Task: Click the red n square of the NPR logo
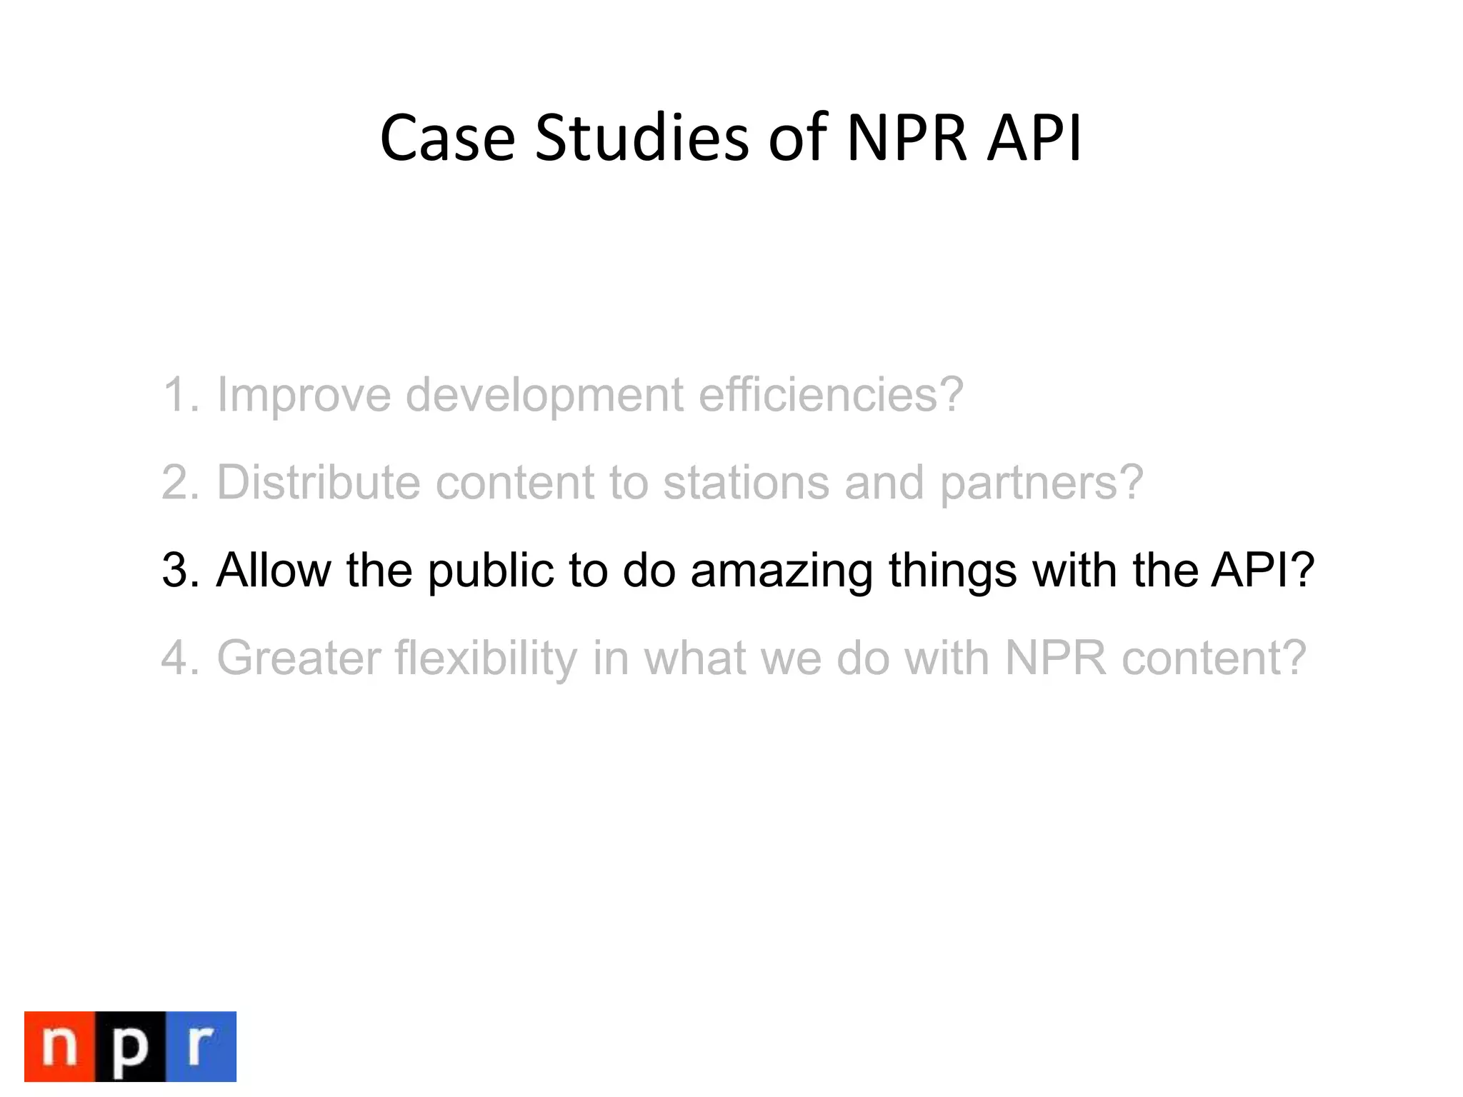click(60, 1046)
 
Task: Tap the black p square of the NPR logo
click(130, 1046)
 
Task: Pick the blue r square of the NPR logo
click(201, 1046)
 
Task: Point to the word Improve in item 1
click(304, 394)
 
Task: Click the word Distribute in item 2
click(319, 482)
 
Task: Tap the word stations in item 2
click(746, 482)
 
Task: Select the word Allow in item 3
click(274, 570)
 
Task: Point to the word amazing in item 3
click(782, 571)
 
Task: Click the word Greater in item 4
click(299, 658)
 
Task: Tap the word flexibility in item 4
click(486, 659)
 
